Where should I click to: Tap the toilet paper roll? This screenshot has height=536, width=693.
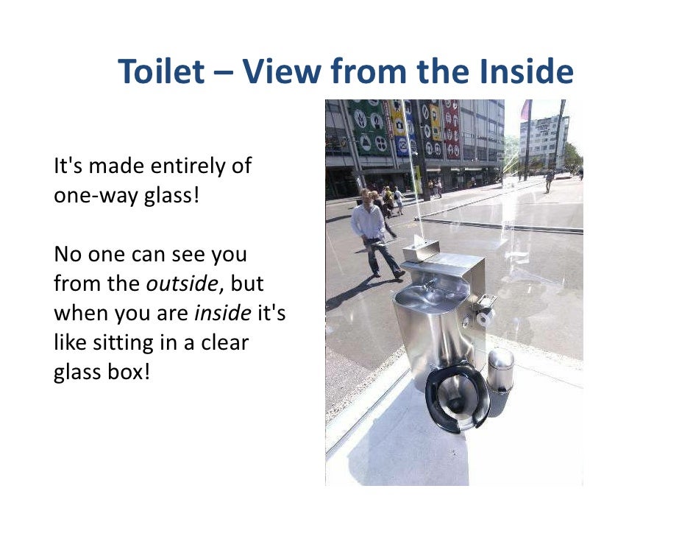click(x=484, y=317)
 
